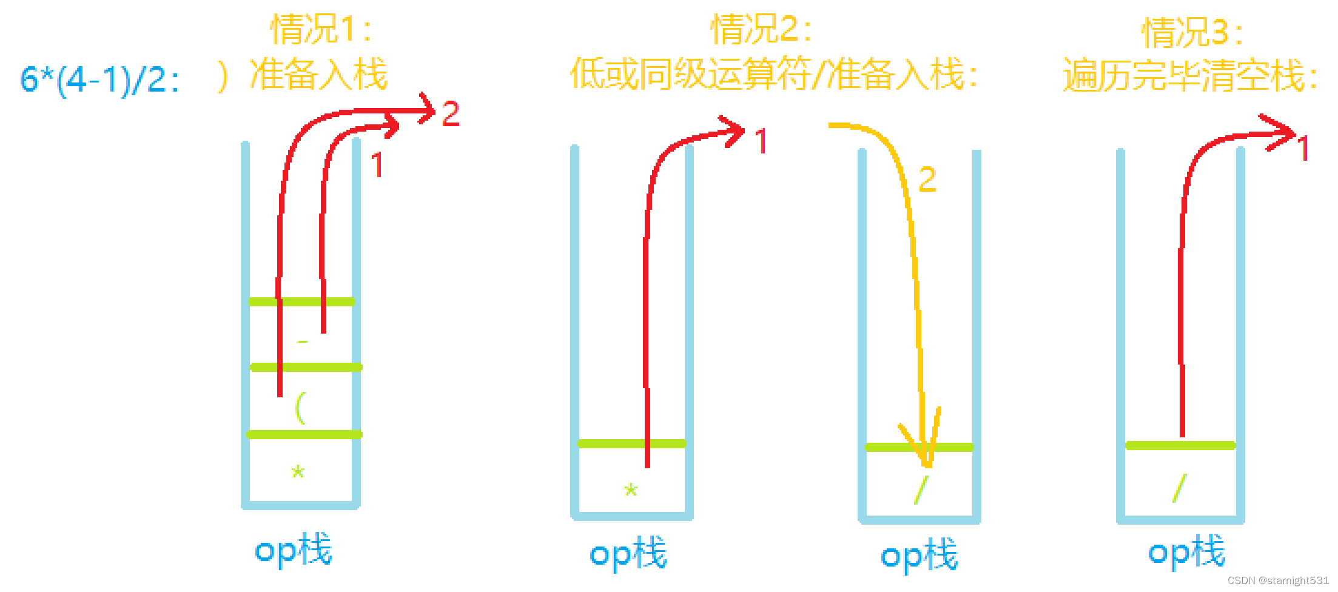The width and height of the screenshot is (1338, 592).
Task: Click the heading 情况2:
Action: (x=761, y=29)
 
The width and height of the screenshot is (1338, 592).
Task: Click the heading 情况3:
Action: (x=1192, y=32)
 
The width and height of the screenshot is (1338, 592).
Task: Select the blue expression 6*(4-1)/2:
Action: (x=100, y=79)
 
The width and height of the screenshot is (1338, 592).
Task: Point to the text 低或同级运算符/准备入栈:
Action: (x=773, y=75)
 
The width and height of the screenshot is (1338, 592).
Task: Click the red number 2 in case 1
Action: (x=451, y=113)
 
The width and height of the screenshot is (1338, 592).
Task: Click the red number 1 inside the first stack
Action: (x=377, y=165)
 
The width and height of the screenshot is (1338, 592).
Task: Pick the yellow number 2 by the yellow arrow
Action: (x=927, y=180)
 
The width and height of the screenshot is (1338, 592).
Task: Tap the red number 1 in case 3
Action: (x=1302, y=149)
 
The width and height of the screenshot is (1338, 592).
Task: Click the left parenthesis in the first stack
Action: (x=300, y=408)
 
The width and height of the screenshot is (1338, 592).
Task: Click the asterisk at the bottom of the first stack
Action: (x=298, y=472)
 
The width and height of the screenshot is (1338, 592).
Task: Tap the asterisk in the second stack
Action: (x=631, y=490)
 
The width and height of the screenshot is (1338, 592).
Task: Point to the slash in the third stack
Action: (x=921, y=489)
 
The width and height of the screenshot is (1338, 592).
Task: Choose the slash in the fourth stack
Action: (x=1179, y=488)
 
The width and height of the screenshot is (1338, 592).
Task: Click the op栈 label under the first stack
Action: (x=294, y=550)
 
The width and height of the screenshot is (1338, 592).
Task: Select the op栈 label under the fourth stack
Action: (x=1186, y=552)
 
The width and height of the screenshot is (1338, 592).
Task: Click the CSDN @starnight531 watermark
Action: (x=1277, y=580)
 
